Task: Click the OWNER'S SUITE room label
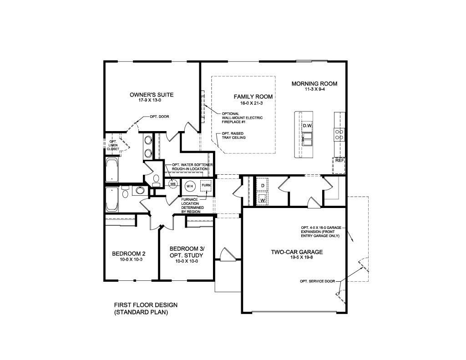click(152, 95)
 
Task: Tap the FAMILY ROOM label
click(253, 96)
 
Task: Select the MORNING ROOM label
click(314, 84)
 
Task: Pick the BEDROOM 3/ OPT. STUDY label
click(187, 252)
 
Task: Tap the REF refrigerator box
click(339, 161)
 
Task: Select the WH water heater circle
click(189, 185)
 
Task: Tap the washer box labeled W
click(263, 199)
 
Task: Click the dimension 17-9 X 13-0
click(152, 101)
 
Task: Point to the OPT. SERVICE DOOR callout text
click(318, 281)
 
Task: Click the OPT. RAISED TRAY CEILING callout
click(234, 136)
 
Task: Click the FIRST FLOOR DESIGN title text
click(146, 305)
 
